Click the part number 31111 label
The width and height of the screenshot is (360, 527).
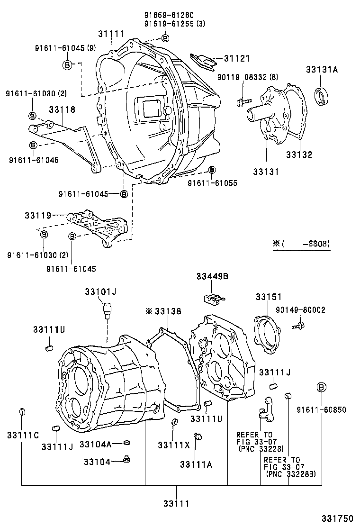tap(111, 34)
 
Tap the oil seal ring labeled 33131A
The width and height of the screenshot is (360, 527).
tap(324, 97)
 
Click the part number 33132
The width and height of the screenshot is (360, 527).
tap(299, 155)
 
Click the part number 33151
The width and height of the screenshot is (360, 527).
tap(269, 297)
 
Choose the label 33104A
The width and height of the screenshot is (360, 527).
tap(95, 444)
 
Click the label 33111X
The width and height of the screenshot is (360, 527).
tap(173, 445)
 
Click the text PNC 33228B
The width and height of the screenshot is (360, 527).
tap(291, 473)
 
